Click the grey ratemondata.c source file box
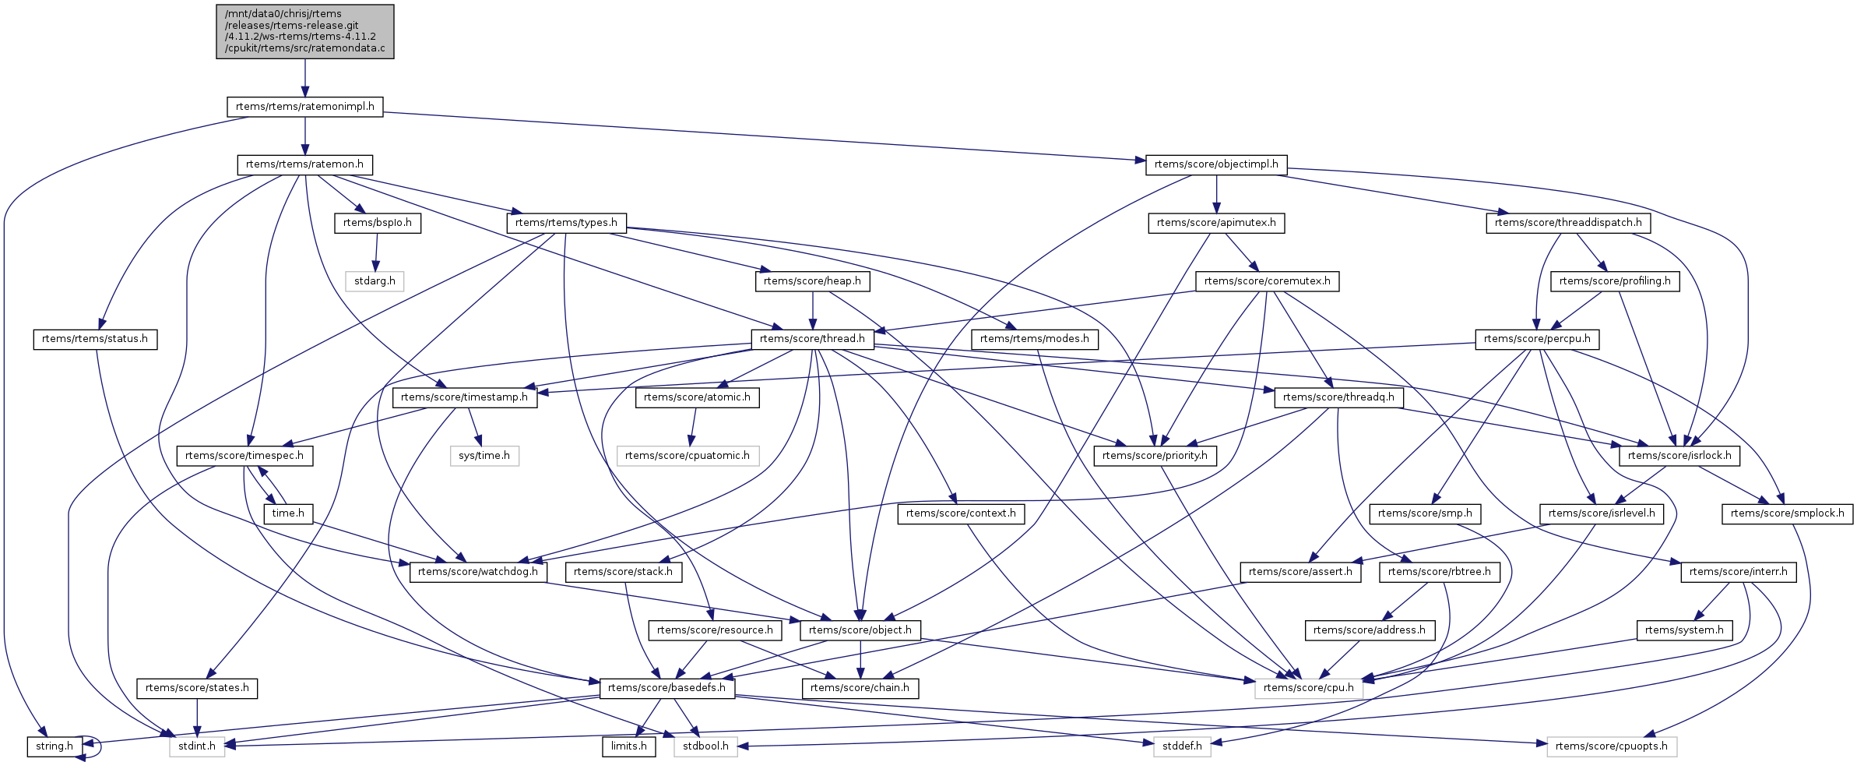(x=305, y=31)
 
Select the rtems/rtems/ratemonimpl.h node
(x=305, y=107)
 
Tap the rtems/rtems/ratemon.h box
(x=305, y=165)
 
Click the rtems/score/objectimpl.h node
(x=1216, y=165)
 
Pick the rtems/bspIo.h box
(x=378, y=223)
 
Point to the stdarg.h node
(x=375, y=281)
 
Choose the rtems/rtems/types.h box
(x=566, y=223)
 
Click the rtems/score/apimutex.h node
(x=1216, y=223)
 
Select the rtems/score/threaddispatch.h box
(x=1568, y=223)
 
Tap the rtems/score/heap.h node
(x=812, y=281)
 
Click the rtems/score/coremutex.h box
(x=1267, y=281)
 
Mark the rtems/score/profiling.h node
(x=1615, y=281)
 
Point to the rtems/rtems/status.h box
(x=95, y=340)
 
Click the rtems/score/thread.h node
(x=812, y=340)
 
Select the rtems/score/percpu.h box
(x=1537, y=340)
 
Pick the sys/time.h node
(x=484, y=456)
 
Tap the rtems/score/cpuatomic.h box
(x=688, y=456)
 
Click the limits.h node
(x=629, y=746)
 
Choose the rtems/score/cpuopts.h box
(x=1612, y=746)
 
